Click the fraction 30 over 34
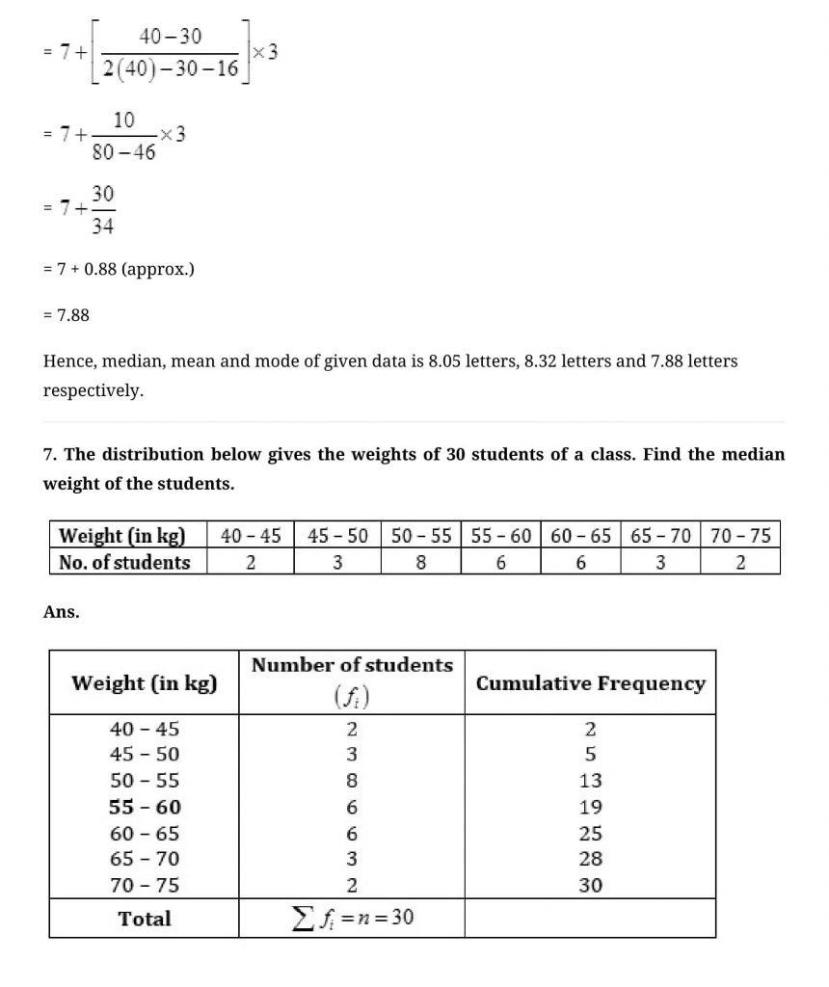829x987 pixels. (x=103, y=210)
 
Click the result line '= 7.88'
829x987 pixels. (x=67, y=314)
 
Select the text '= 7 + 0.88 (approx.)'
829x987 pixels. (x=119, y=269)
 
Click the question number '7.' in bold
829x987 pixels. (x=50, y=454)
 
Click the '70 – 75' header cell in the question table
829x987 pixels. (x=740, y=536)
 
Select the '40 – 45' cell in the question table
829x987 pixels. (x=251, y=536)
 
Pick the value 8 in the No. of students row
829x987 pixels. (x=421, y=562)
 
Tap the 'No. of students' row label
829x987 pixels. (x=125, y=562)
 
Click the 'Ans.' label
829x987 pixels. (x=61, y=611)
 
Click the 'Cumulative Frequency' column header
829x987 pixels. (x=590, y=683)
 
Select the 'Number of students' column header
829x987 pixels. (x=352, y=665)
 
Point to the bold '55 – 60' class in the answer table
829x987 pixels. (x=145, y=807)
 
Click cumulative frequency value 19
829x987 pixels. (x=590, y=807)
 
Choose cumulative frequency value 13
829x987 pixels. (x=590, y=781)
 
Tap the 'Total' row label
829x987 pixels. (x=145, y=919)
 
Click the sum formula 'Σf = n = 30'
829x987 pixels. (x=352, y=918)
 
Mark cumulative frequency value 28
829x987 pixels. (x=590, y=859)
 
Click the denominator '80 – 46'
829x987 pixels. (x=123, y=151)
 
